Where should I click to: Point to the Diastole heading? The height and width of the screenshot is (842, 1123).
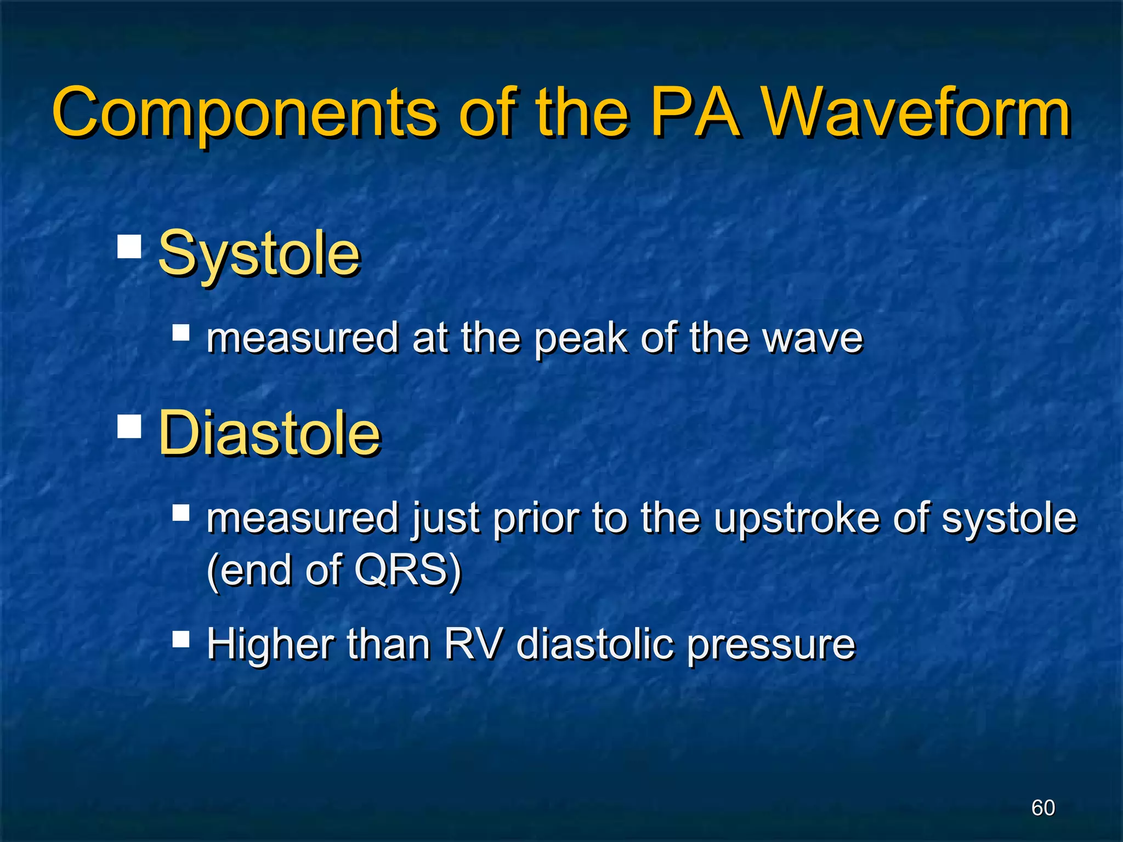(269, 434)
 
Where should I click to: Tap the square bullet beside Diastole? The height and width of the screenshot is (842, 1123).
(129, 426)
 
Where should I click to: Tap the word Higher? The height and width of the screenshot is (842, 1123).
(270, 645)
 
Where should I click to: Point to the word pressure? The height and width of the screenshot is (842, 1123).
(771, 646)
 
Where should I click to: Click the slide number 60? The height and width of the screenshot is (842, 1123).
(1043, 807)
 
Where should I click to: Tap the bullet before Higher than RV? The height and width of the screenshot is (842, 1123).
(180, 639)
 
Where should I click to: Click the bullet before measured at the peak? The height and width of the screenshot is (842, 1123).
(180, 333)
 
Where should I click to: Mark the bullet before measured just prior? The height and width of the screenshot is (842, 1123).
(180, 513)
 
